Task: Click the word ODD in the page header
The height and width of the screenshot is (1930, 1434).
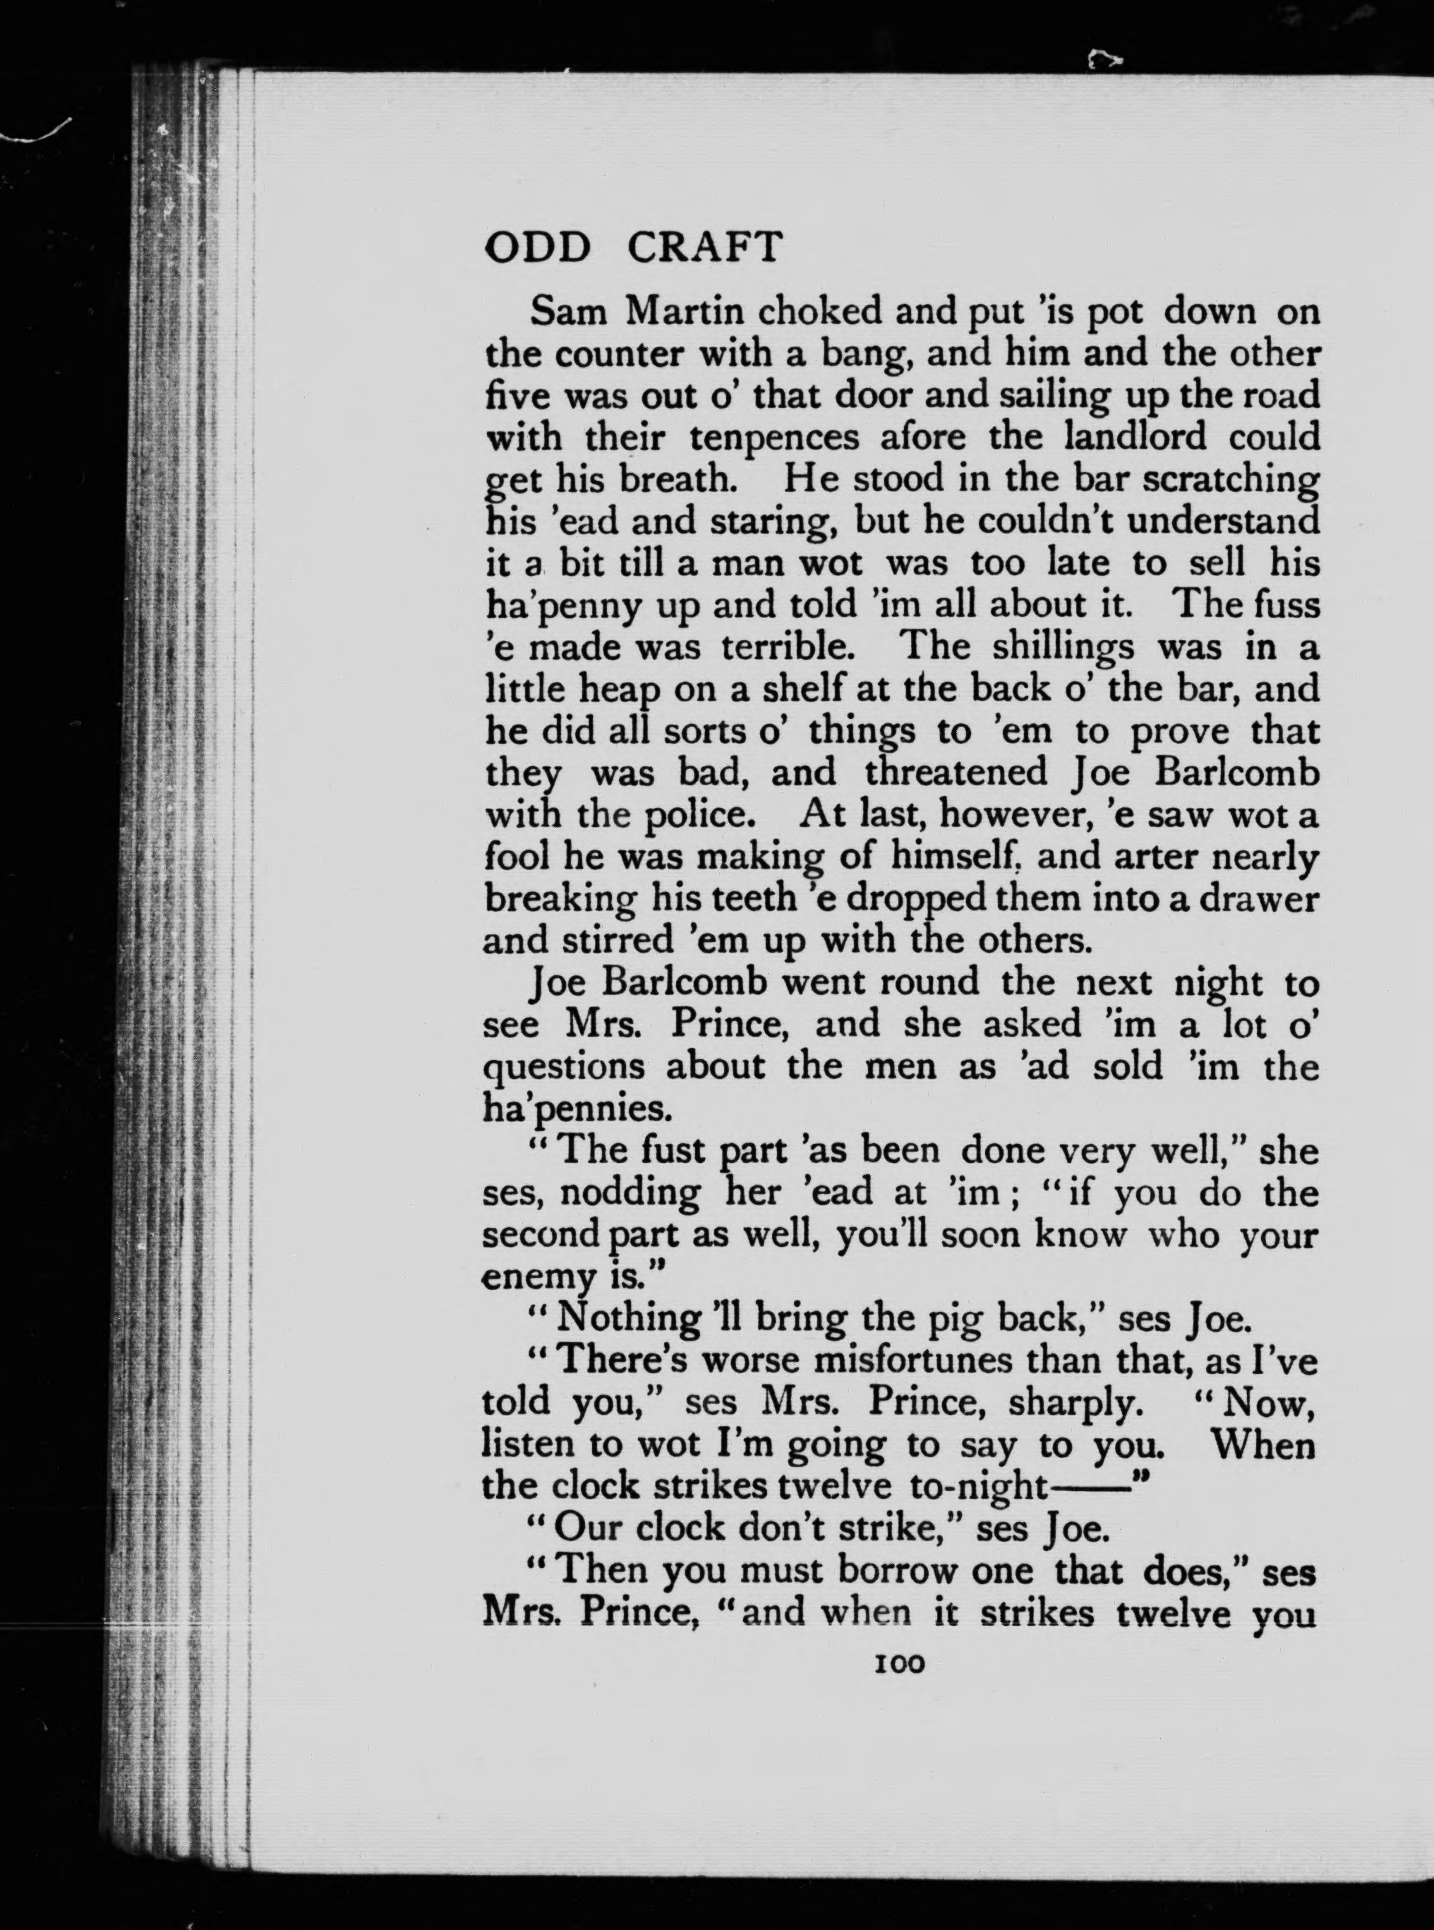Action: (x=537, y=248)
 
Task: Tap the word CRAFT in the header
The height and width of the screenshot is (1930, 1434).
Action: (x=704, y=248)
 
